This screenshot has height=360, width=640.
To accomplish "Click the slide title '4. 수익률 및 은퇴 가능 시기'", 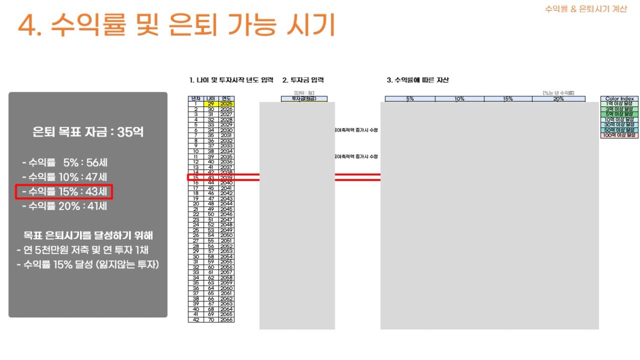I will [x=176, y=25].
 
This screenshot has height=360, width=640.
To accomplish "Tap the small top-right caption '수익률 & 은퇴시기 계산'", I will [x=586, y=9].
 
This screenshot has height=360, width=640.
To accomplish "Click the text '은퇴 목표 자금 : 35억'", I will [x=88, y=132].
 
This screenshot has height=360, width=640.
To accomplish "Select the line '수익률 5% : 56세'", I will [x=65, y=163].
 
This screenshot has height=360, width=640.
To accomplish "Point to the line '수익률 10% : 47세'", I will [x=65, y=177].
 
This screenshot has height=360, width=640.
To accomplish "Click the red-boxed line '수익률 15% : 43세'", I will [x=64, y=192].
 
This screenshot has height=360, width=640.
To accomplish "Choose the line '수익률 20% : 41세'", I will [x=65, y=206].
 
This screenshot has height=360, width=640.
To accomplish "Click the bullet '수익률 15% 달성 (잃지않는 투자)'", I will [x=87, y=265].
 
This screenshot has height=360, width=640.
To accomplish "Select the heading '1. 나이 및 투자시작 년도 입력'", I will [x=232, y=80].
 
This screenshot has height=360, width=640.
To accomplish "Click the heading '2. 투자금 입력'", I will [x=303, y=80].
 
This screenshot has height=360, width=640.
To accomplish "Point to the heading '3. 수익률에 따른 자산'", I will [x=417, y=80].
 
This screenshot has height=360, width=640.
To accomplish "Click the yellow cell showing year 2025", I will [x=226, y=104].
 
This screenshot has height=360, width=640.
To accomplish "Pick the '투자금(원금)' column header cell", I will [x=304, y=98].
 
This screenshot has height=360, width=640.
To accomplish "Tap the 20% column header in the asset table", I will [x=558, y=98].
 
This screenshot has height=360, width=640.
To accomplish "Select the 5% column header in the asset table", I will [x=410, y=98].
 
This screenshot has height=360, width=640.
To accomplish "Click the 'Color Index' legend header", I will [x=619, y=98].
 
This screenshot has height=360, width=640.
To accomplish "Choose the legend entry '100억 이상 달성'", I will [x=619, y=135].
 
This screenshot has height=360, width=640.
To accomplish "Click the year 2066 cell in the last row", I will [x=226, y=319].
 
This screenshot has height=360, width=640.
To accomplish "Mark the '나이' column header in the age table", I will [x=211, y=98].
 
